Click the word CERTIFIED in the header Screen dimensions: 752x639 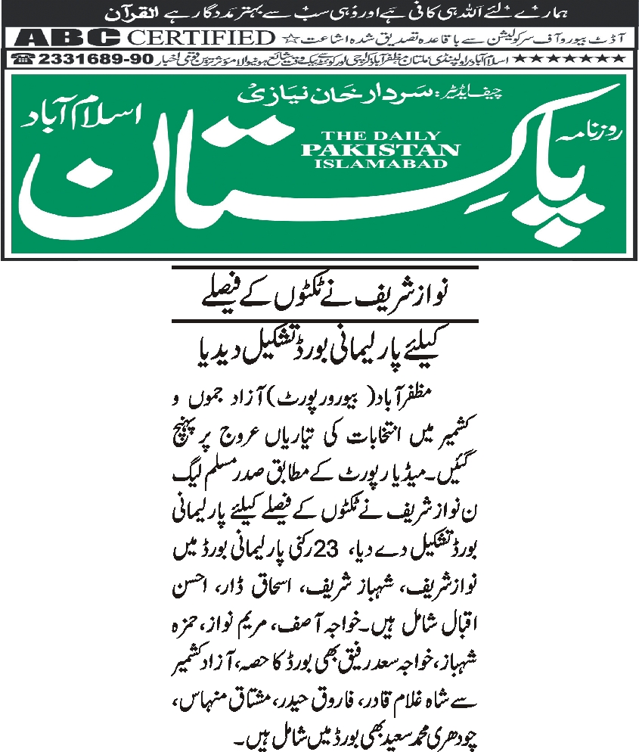[x=200, y=37]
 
